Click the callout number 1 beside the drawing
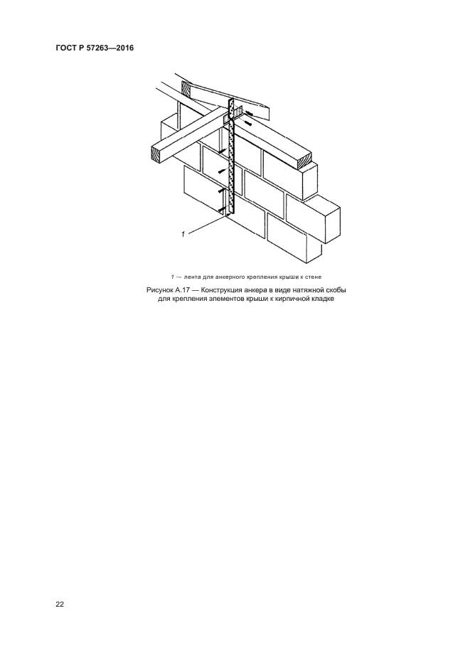click(x=183, y=234)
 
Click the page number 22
click(x=60, y=605)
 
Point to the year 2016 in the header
click(x=125, y=48)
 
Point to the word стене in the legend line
click(x=314, y=277)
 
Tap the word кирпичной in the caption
click(x=292, y=299)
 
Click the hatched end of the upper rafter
click(x=186, y=89)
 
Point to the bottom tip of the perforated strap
click(x=230, y=215)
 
